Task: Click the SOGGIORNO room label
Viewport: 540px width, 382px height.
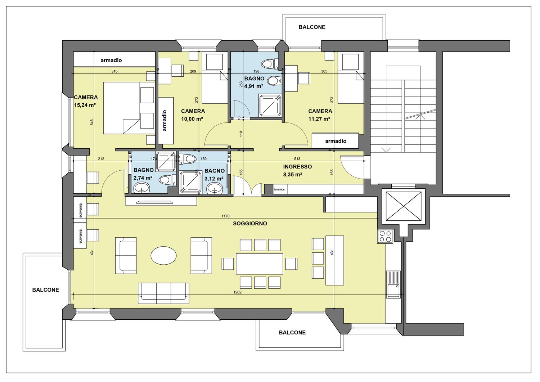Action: (x=250, y=224)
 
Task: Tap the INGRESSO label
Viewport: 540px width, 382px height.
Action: (x=297, y=167)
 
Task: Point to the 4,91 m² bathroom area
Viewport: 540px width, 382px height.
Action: (x=253, y=86)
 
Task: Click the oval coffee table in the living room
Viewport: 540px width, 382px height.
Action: (x=163, y=255)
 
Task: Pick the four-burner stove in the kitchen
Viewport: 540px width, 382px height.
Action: (x=385, y=236)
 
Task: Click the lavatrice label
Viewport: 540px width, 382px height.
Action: (x=279, y=189)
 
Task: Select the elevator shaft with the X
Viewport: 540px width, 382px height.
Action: (x=404, y=206)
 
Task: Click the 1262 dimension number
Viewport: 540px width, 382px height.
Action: (x=238, y=292)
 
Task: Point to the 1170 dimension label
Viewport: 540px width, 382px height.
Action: (x=225, y=216)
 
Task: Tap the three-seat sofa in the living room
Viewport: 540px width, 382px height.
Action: (x=163, y=293)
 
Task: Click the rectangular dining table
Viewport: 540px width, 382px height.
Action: (x=260, y=264)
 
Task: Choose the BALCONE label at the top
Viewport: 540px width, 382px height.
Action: (x=312, y=27)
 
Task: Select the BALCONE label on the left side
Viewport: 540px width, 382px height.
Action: (x=46, y=290)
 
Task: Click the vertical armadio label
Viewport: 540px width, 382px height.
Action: (x=165, y=121)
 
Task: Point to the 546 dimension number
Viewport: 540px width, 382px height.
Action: (x=92, y=122)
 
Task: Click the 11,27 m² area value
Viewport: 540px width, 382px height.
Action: (x=319, y=119)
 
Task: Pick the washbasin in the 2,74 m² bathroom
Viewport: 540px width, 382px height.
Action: (x=141, y=188)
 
